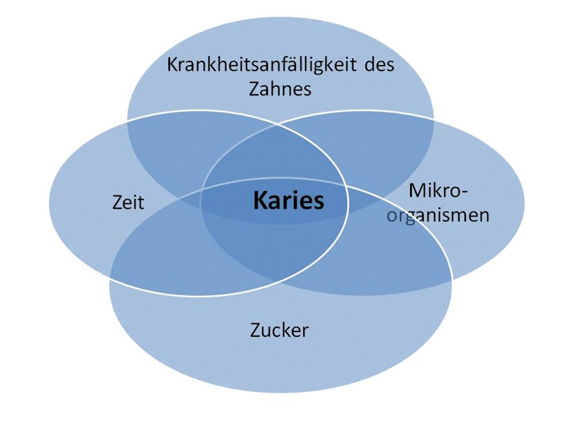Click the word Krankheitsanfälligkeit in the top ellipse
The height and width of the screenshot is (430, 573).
[262, 65]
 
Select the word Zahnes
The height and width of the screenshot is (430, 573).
[280, 88]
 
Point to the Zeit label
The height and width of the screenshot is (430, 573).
[128, 202]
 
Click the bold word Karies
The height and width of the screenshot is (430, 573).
[289, 200]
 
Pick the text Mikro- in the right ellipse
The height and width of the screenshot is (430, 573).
[438, 191]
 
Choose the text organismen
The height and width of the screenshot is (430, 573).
[438, 215]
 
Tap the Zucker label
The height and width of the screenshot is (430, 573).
[279, 330]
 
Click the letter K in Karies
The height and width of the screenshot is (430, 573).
[260, 200]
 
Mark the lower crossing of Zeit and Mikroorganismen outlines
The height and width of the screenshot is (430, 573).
[277, 281]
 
